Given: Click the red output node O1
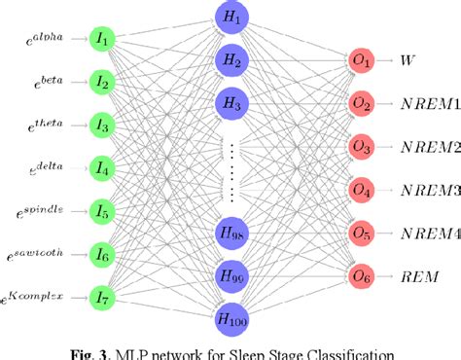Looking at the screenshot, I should coord(362,60).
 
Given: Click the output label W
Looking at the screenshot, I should coord(408,60).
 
